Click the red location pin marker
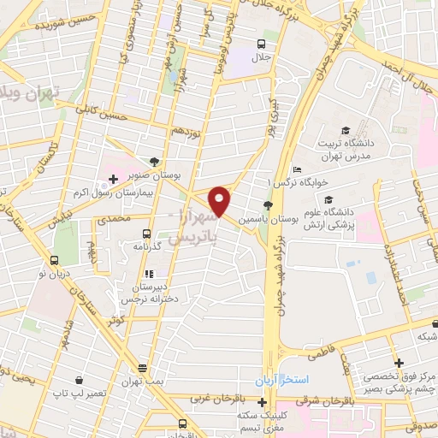click(220, 201)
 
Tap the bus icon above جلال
click(261, 44)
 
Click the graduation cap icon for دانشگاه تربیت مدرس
click(344, 130)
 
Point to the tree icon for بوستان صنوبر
click(154, 161)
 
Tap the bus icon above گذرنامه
click(147, 232)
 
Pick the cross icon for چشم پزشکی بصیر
click(399, 364)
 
